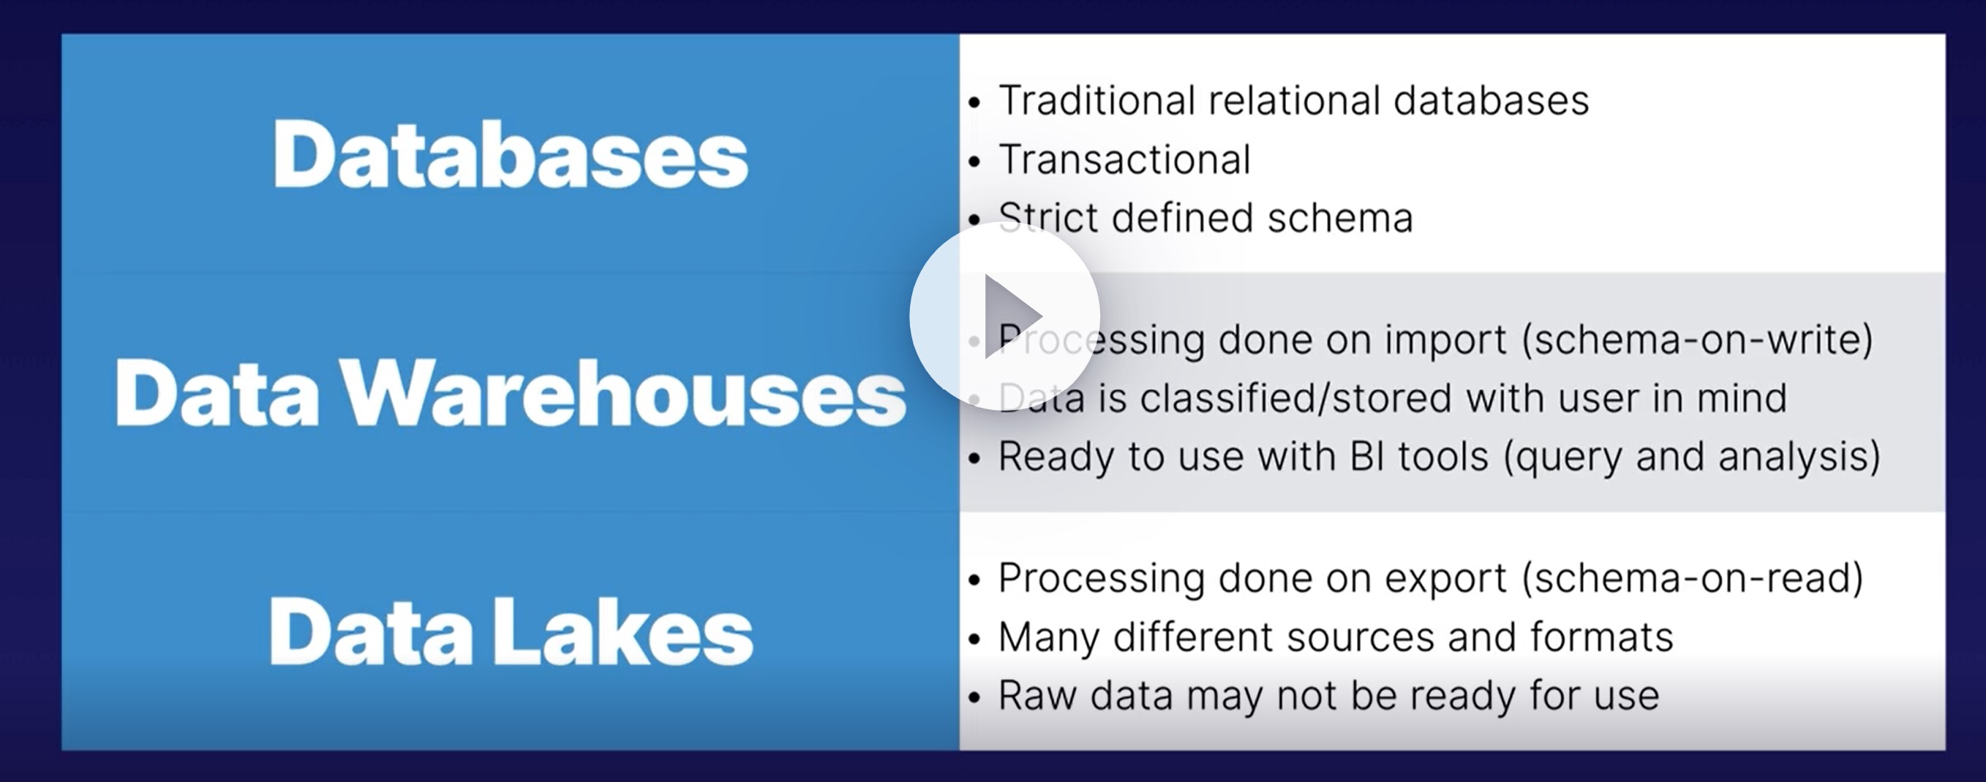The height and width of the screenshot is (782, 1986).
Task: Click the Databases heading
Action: tap(511, 154)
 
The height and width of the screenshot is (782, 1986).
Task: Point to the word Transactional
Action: tap(1124, 159)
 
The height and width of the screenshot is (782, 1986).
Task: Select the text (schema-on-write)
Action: tap(1697, 339)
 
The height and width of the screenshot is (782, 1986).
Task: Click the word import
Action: tap(1445, 341)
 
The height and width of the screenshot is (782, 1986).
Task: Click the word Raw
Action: tap(1037, 696)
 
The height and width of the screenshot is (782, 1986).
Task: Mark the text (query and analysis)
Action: tap(1692, 457)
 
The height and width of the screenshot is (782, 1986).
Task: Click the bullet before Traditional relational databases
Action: tap(974, 102)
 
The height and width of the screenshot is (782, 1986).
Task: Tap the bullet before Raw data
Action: tap(974, 697)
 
